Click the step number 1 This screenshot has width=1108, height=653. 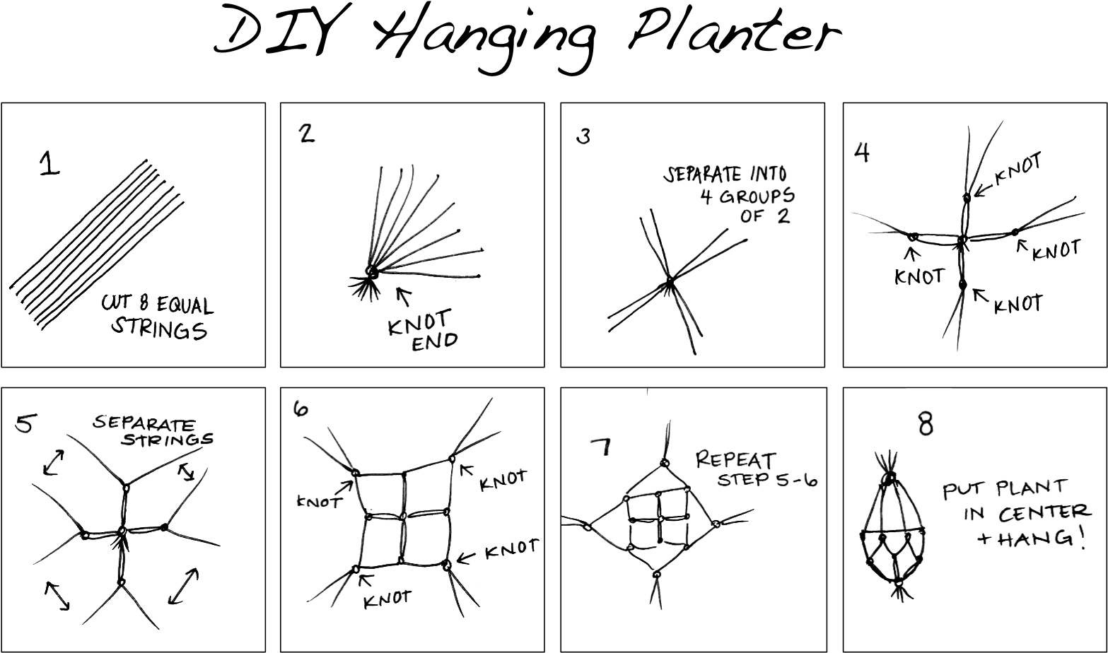[x=49, y=164]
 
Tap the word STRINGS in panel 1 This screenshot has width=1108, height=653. [x=161, y=329]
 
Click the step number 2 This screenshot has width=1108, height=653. [x=306, y=133]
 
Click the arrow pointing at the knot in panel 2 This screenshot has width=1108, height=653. [x=404, y=295]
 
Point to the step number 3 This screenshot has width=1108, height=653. [x=583, y=136]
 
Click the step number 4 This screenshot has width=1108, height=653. [x=861, y=153]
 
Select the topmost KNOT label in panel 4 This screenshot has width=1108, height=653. [x=1018, y=170]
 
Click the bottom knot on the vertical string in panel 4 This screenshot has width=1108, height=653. [x=962, y=284]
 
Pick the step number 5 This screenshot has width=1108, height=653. [x=24, y=423]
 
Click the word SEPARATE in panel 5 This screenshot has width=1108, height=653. [x=144, y=424]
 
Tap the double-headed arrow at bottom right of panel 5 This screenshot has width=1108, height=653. [x=183, y=587]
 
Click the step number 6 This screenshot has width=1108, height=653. [x=301, y=408]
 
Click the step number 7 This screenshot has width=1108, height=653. [x=601, y=447]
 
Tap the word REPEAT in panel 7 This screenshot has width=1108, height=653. [x=735, y=460]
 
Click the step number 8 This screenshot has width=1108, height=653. [x=925, y=425]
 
